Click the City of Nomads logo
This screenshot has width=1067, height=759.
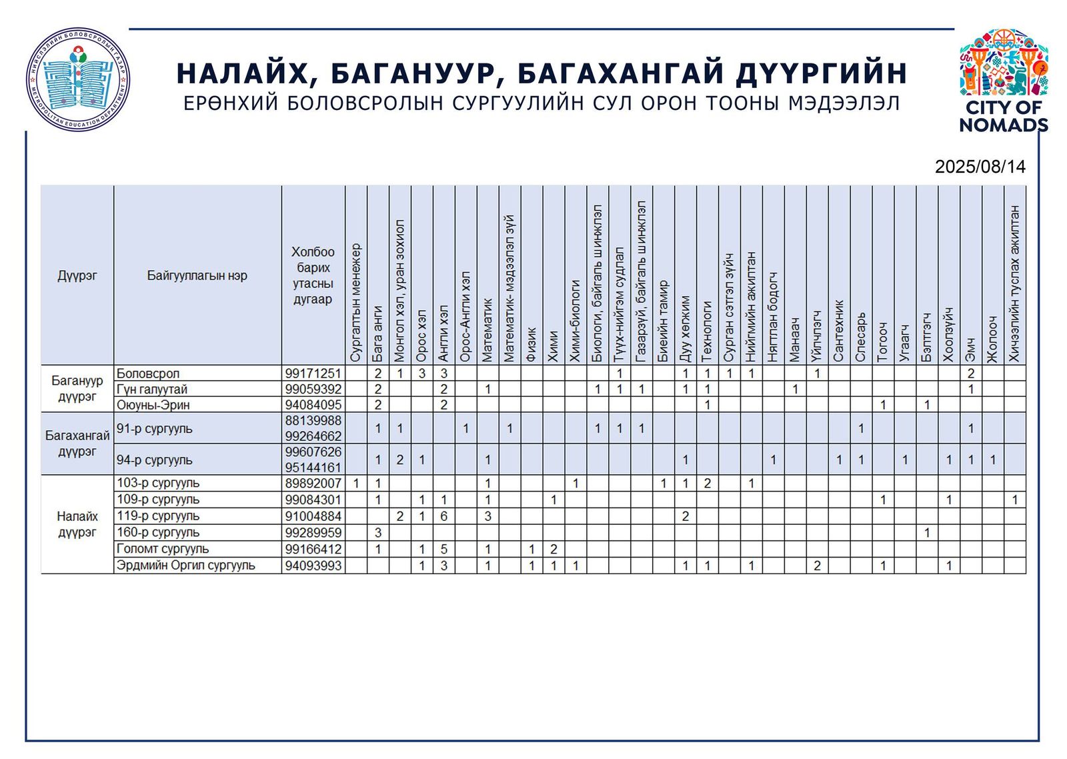tap(1003, 80)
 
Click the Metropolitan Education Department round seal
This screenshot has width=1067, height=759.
tap(78, 79)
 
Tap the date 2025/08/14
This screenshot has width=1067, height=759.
tap(980, 167)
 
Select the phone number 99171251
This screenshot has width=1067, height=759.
tap(313, 373)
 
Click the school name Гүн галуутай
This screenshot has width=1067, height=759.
tap(152, 390)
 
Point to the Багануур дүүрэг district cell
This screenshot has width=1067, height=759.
tap(77, 389)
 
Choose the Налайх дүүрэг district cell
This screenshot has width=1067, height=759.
tap(77, 524)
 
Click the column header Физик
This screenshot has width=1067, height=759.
tap(531, 343)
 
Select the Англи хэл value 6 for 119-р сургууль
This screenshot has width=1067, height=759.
tap(443, 516)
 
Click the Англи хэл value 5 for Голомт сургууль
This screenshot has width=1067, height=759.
tap(443, 550)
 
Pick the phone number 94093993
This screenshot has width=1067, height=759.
tap(313, 566)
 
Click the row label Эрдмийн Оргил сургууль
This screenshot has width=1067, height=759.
tap(185, 566)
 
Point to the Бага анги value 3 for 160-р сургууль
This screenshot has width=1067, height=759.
tap(378, 533)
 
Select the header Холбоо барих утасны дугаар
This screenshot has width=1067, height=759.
tap(313, 275)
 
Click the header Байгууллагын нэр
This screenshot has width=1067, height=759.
tap(197, 275)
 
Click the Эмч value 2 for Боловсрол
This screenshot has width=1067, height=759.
tap(971, 373)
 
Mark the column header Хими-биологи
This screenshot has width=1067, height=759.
tap(576, 321)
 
